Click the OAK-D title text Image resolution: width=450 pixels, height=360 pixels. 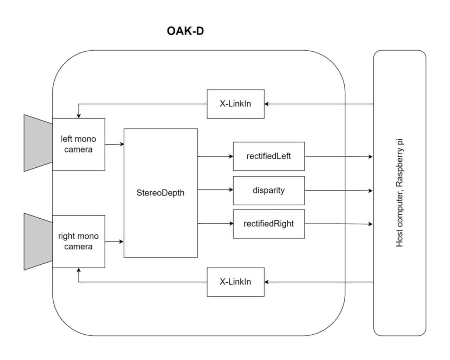tap(185, 31)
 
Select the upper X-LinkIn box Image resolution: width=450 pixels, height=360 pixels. tap(235, 104)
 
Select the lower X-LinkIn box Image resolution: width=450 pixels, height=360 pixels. tap(235, 282)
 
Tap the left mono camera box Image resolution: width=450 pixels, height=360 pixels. tap(78, 144)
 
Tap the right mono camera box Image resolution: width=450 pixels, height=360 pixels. tap(78, 242)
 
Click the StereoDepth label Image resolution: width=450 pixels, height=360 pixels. tap(160, 193)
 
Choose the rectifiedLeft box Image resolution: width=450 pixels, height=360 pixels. tap(269, 156)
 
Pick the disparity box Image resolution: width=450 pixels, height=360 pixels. tap(269, 190)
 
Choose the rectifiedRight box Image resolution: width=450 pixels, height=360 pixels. tap(269, 224)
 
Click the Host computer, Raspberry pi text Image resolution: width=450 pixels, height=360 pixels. tap(400, 193)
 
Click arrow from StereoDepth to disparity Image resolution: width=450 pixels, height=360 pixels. tap(215, 190)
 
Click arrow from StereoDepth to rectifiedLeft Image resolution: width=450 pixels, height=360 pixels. tap(215, 156)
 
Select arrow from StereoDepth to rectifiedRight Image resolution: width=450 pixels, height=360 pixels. tap(215, 223)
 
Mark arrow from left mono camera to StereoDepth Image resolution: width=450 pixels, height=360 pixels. tap(114, 144)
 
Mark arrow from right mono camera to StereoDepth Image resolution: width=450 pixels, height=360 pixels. tap(114, 242)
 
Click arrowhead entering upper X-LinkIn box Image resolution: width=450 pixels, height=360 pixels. tap(267, 104)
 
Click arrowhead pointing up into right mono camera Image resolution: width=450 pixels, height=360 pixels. tap(79, 270)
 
